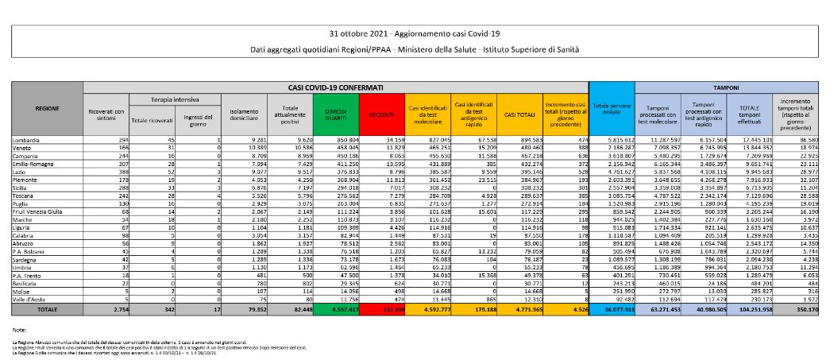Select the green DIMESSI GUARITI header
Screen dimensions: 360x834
coord(335,115)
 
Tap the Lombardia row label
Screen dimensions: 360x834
coord(27,140)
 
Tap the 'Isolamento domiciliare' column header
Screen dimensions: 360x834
coord(242,115)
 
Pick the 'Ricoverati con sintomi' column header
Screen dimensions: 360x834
coord(106,115)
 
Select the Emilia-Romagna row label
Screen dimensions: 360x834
coord(34,161)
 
